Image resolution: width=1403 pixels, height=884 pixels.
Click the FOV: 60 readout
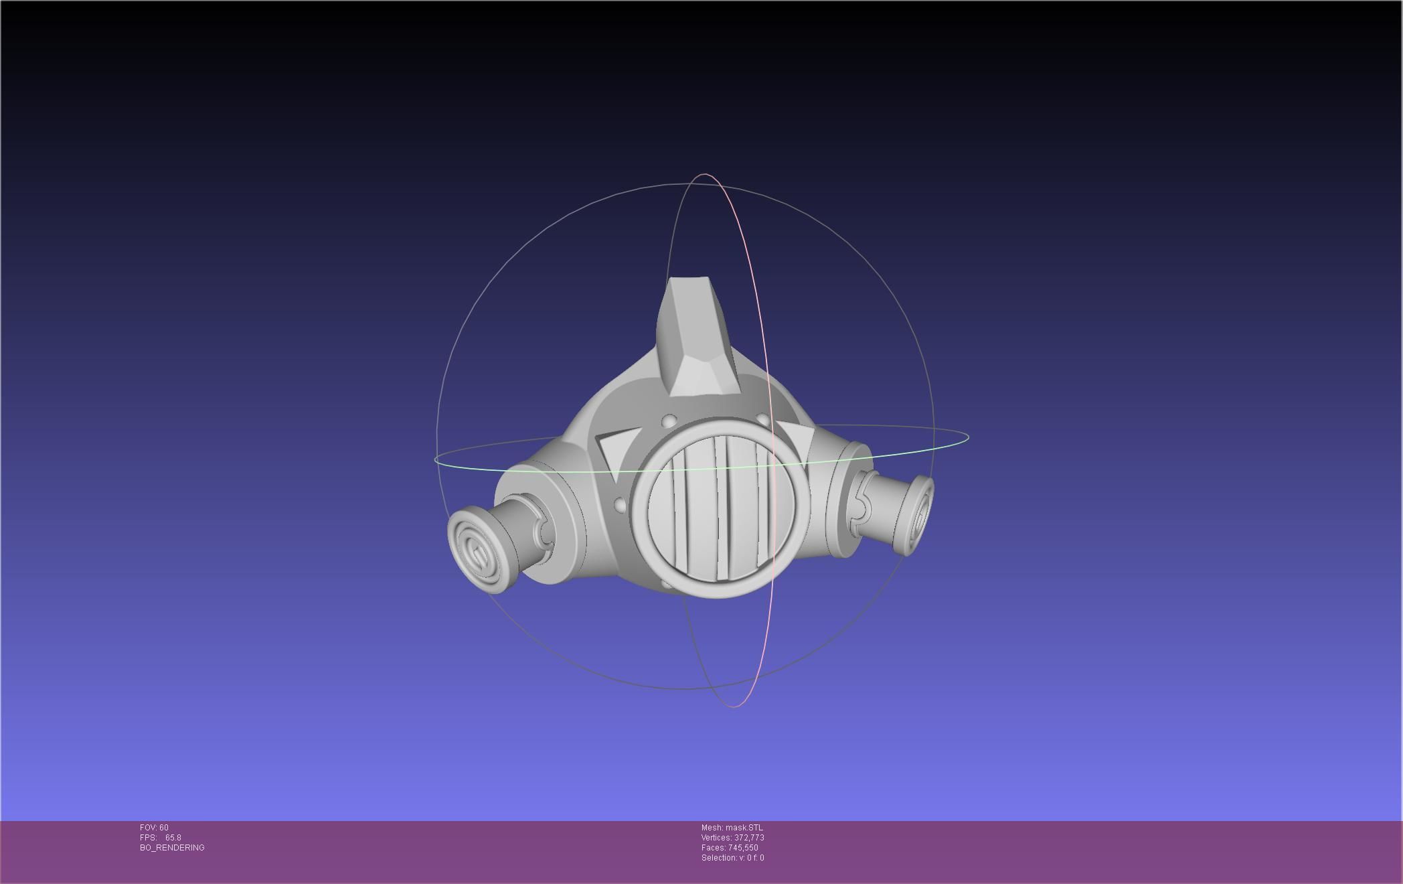pos(154,828)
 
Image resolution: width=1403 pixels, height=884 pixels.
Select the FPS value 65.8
pos(173,838)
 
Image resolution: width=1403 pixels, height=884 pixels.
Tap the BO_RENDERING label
pos(172,848)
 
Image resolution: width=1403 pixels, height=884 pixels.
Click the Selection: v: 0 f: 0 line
pos(732,858)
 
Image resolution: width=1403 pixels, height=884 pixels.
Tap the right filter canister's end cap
pos(921,516)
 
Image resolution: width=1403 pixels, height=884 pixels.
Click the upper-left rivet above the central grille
pos(669,421)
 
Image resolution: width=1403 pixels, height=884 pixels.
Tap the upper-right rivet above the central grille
pos(762,419)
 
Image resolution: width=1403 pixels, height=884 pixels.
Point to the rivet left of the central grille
pos(619,504)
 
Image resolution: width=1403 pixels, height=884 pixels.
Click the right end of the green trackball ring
pos(967,438)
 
